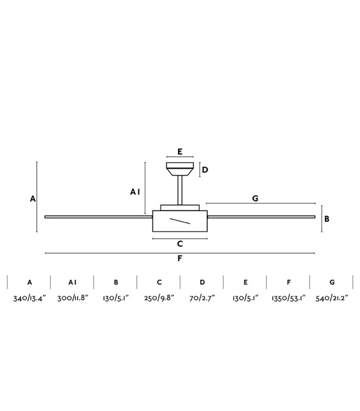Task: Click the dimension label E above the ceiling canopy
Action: tap(179, 152)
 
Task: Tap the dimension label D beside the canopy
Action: tap(205, 170)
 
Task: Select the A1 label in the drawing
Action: tap(135, 192)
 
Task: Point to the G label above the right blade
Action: tap(255, 198)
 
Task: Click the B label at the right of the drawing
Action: tap(327, 219)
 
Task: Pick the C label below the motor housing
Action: tap(179, 244)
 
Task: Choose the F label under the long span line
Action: tap(179, 258)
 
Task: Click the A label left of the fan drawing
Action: tap(32, 199)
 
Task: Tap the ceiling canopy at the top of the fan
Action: tap(180, 169)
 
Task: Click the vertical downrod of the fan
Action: tap(180, 190)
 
